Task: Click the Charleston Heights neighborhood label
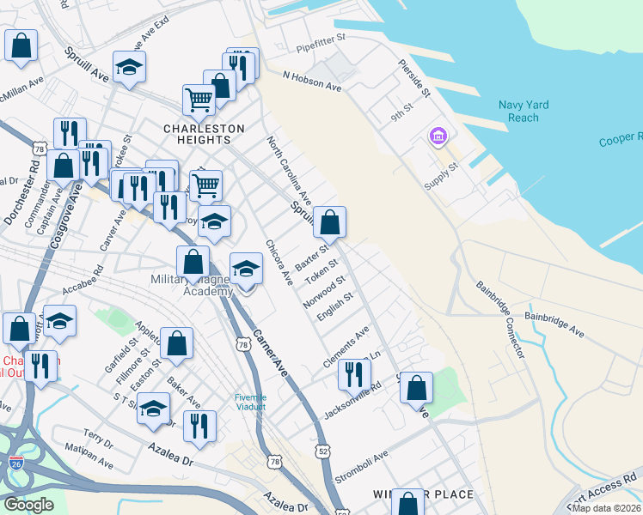coord(204,129)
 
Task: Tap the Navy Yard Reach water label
coord(524,112)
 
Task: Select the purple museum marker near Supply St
coord(437,136)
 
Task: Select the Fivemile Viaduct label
coord(252,402)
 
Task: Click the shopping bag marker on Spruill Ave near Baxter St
coord(329,223)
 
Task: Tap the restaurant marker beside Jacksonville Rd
coord(353,374)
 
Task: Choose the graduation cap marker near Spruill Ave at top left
coord(129,68)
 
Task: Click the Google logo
coord(28,505)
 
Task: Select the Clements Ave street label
coord(346,345)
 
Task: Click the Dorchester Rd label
coord(18,193)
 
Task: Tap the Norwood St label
coord(324,292)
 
